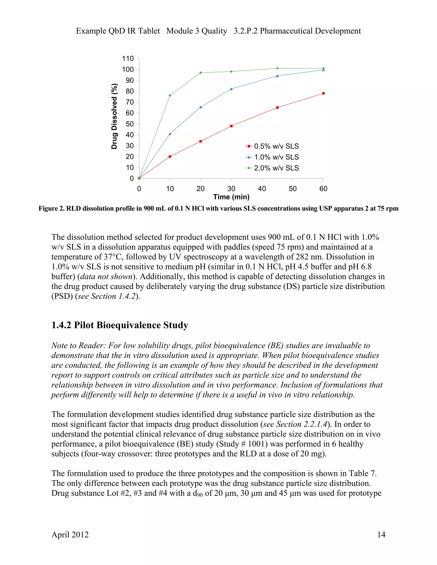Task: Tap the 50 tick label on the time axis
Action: [x=293, y=189]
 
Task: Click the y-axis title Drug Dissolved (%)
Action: [x=114, y=116]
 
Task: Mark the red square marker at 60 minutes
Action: [x=323, y=93]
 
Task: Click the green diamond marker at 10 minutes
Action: [x=170, y=96]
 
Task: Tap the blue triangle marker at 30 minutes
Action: [x=231, y=89]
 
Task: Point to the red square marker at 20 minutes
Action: [x=201, y=141]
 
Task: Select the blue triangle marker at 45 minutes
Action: [x=277, y=76]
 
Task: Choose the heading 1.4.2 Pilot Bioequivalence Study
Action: [x=120, y=325]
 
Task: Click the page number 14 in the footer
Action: [x=381, y=535]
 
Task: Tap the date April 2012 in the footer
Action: [x=70, y=535]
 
